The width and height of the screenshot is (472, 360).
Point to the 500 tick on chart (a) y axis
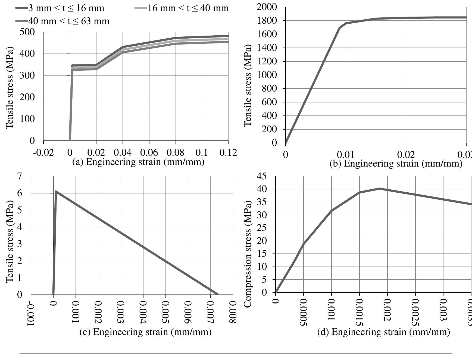click(27, 32)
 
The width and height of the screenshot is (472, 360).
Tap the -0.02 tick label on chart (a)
click(43, 152)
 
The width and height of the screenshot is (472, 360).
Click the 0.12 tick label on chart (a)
click(228, 152)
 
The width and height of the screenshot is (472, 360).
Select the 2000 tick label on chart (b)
click(267, 7)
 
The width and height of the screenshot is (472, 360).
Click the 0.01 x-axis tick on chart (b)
click(346, 155)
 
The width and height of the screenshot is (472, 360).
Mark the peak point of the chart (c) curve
click(56, 192)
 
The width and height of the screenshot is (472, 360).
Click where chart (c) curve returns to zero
click(218, 295)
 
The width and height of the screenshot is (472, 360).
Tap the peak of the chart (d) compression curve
click(379, 189)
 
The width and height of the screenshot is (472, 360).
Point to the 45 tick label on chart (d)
click(262, 177)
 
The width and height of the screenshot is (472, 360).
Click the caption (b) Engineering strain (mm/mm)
click(396, 164)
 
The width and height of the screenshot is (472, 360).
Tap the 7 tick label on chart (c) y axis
click(19, 177)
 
